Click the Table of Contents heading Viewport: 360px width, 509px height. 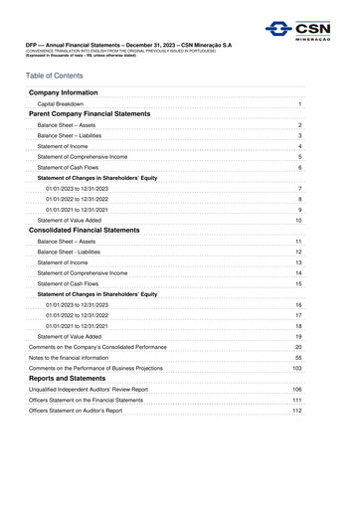pos(63,75)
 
